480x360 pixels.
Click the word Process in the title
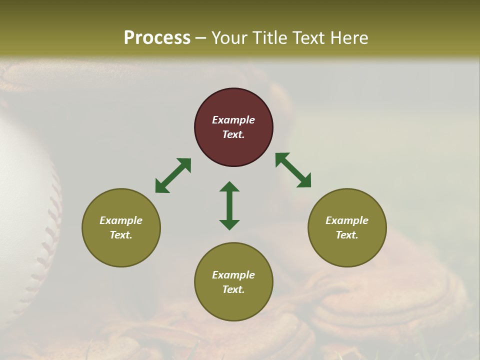(157, 38)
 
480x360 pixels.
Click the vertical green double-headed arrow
(229, 205)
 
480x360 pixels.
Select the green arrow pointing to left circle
(173, 175)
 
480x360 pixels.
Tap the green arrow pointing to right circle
(293, 170)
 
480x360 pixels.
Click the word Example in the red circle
(233, 120)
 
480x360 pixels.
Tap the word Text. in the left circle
(121, 235)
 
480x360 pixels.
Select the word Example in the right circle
(347, 220)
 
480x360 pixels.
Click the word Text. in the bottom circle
(233, 289)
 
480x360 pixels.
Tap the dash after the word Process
(200, 38)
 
